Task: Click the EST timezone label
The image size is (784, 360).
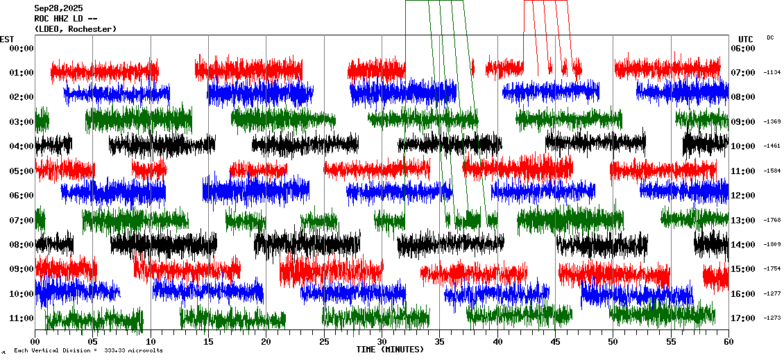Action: click(6, 39)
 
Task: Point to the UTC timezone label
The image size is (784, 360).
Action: click(745, 39)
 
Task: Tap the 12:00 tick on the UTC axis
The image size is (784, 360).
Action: click(747, 196)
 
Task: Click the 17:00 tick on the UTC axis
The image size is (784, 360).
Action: click(747, 318)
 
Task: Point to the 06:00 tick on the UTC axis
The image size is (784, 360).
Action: click(747, 48)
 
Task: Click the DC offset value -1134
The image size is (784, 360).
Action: click(772, 72)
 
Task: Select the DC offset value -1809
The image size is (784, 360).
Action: click(772, 245)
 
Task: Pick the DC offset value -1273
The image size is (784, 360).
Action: click(772, 318)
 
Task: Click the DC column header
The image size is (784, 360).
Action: click(770, 37)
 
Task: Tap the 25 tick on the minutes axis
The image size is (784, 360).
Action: click(324, 341)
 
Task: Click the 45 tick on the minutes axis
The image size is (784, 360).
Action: click(555, 341)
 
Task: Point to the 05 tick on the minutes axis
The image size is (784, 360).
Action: click(93, 341)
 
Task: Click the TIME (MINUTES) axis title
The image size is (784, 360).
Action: click(390, 350)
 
